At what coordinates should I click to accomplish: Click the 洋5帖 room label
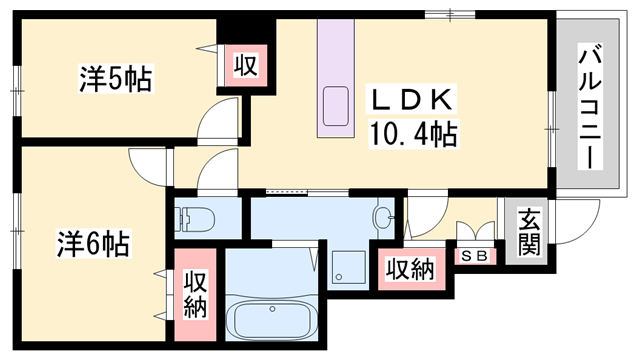(x=117, y=80)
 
